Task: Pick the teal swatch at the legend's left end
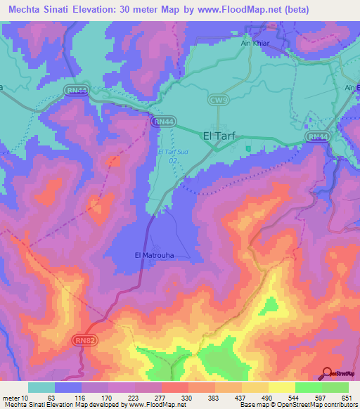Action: coord(41,387)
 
